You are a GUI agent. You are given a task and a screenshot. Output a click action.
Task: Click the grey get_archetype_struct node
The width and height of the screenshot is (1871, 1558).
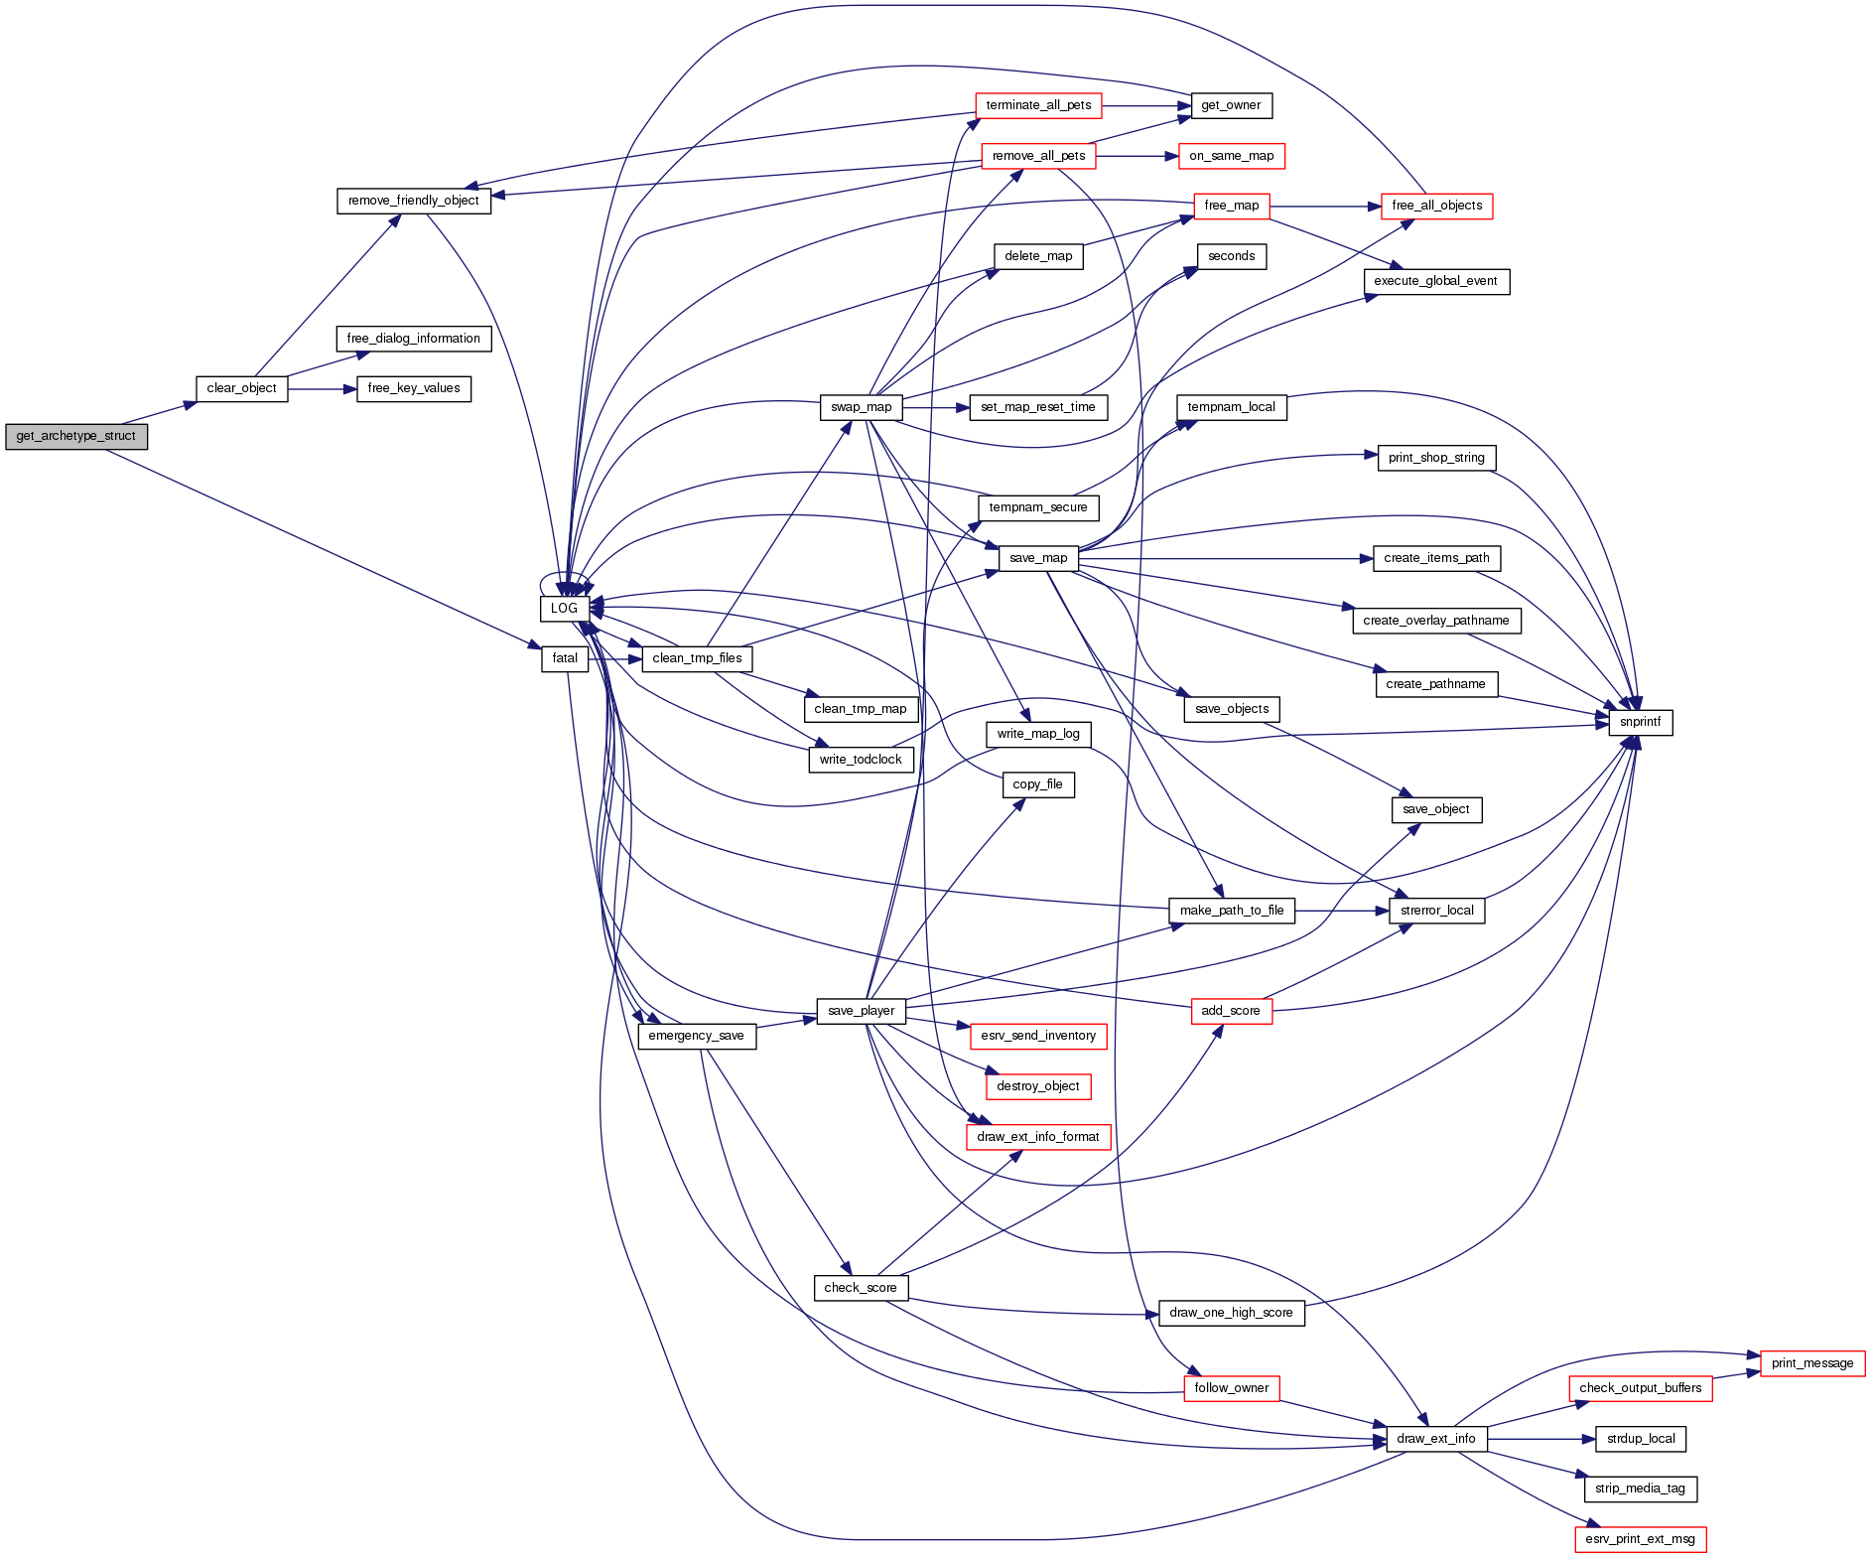tap(76, 437)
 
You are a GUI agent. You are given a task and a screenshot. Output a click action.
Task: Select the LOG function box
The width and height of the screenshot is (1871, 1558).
tap(564, 609)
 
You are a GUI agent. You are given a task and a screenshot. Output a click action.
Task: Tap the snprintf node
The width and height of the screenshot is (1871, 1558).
tap(1640, 723)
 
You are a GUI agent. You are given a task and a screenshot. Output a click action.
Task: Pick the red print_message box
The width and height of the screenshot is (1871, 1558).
tap(1811, 1363)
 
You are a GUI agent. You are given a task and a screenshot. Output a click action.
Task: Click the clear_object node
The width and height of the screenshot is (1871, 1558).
tap(241, 388)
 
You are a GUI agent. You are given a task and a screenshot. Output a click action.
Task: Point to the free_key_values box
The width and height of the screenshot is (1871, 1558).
tap(414, 388)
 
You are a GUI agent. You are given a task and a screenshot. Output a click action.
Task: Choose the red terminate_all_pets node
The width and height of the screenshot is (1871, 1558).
tap(1038, 105)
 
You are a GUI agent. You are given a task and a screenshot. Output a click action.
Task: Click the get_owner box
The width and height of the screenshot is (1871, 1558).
tap(1231, 105)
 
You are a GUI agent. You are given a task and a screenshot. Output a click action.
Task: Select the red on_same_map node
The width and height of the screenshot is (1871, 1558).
tap(1231, 156)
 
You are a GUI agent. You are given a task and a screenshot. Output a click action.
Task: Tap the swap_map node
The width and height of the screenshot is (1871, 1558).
tap(861, 407)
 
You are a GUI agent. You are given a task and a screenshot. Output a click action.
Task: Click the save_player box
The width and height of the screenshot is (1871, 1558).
tap(861, 1011)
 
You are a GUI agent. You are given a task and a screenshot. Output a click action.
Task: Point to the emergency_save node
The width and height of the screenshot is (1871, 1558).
tap(696, 1036)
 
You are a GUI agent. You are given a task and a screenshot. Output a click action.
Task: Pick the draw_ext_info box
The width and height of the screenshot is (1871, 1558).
tap(1436, 1439)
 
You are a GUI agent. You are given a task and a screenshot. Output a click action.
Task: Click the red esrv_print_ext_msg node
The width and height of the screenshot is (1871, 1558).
tap(1640, 1539)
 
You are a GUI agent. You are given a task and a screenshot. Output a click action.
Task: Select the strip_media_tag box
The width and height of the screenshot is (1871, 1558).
tap(1640, 1488)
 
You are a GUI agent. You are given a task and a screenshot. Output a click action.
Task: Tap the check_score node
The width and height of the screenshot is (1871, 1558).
tap(860, 1288)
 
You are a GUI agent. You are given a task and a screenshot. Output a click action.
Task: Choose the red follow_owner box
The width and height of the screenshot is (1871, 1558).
tap(1231, 1388)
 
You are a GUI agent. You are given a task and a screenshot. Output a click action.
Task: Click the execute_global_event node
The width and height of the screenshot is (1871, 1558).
tap(1436, 282)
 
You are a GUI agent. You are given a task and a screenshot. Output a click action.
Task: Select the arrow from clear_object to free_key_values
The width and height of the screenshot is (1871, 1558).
tap(322, 389)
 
